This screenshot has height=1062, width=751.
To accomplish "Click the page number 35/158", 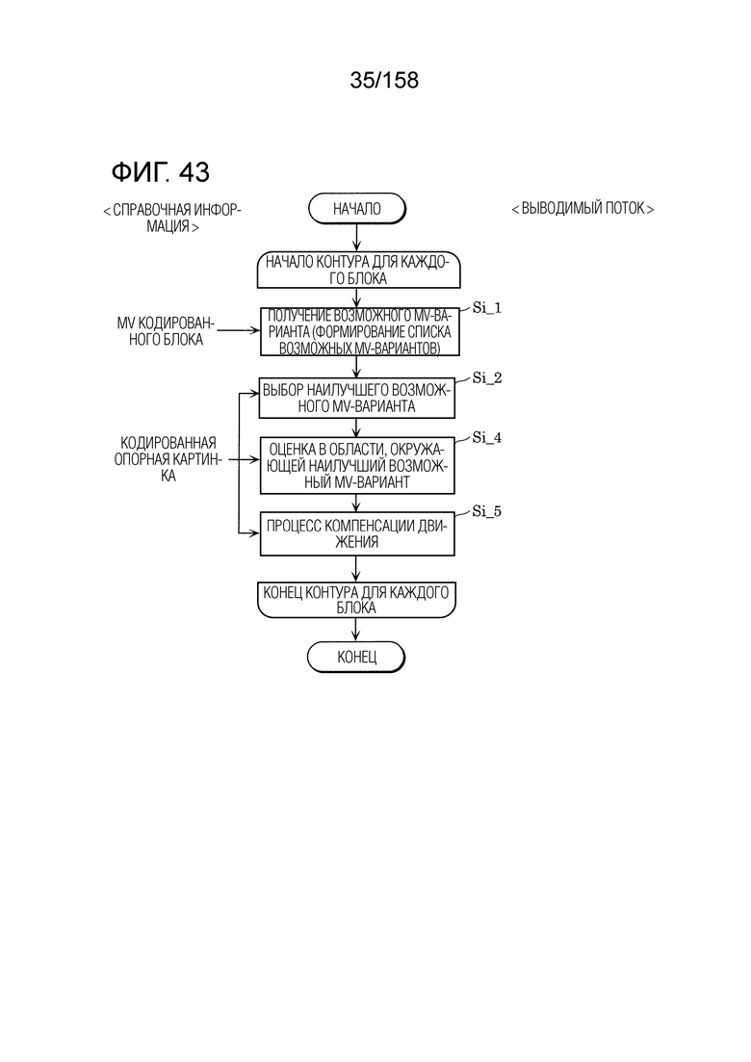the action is pyautogui.click(x=384, y=80).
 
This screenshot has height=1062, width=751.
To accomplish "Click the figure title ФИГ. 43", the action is pyautogui.click(x=161, y=172).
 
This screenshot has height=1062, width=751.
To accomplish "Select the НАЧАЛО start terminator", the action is pyautogui.click(x=357, y=209).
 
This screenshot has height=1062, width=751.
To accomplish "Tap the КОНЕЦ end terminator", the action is pyautogui.click(x=356, y=657).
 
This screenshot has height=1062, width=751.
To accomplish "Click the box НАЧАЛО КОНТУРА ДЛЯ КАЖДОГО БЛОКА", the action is pyautogui.click(x=358, y=270).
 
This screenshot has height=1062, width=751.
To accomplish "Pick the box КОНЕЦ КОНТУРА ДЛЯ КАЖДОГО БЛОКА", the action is pyautogui.click(x=356, y=600).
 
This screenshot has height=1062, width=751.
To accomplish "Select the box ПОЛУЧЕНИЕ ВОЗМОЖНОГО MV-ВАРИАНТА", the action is pyautogui.click(x=359, y=332).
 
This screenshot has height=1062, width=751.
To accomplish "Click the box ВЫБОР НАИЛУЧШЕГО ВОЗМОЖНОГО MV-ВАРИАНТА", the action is pyautogui.click(x=357, y=399).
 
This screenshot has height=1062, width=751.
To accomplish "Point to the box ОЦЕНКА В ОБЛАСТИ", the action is pyautogui.click(x=357, y=466).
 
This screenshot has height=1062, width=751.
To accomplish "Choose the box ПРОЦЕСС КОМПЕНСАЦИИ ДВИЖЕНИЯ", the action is pyautogui.click(x=357, y=533).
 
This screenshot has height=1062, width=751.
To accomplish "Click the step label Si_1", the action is pyautogui.click(x=487, y=307).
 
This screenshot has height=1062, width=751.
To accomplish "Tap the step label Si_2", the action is pyautogui.click(x=487, y=378).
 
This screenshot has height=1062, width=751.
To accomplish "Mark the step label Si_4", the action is pyautogui.click(x=487, y=437).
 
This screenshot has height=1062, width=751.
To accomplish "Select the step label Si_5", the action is pyautogui.click(x=487, y=511).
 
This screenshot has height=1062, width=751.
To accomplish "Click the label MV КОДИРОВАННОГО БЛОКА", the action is pyautogui.click(x=166, y=331).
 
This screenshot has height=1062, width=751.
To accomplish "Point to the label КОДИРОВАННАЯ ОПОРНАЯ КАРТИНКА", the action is pyautogui.click(x=168, y=459).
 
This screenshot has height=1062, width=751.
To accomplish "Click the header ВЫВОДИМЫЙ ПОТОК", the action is pyautogui.click(x=583, y=209).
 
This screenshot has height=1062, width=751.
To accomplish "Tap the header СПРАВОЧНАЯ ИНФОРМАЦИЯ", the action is pyautogui.click(x=172, y=219).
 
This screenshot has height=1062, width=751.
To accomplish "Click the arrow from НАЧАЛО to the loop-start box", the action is pyautogui.click(x=357, y=238).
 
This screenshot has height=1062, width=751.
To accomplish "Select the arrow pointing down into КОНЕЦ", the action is pyautogui.click(x=356, y=629).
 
